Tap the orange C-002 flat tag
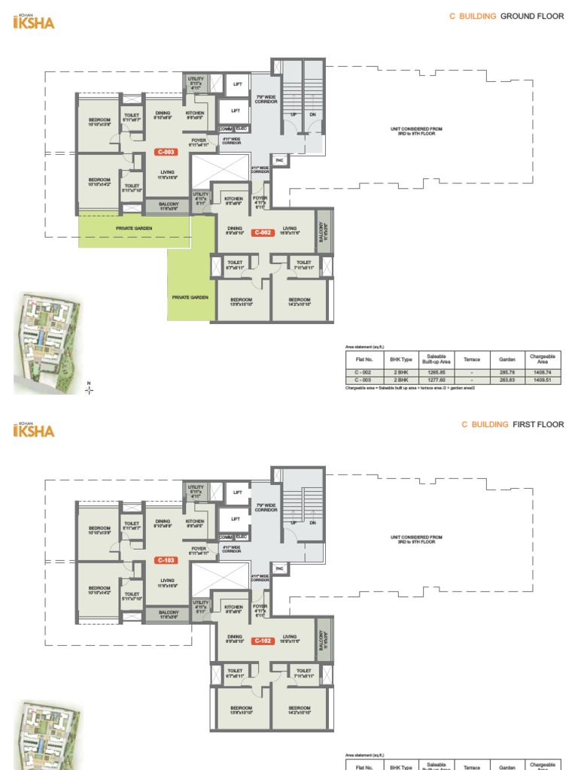[262, 232]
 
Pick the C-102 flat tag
[262, 641]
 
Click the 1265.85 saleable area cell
[437, 371]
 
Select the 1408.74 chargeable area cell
[542, 371]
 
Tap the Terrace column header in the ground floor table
[472, 359]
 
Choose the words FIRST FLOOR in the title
[538, 424]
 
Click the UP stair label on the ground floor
[294, 114]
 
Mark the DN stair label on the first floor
[312, 523]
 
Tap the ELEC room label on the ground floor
[241, 129]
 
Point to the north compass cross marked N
[90, 389]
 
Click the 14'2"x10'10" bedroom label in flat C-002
[300, 302]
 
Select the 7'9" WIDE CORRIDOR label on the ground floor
[266, 99]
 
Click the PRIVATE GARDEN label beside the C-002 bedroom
[190, 298]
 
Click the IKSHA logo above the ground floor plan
[35, 22]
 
